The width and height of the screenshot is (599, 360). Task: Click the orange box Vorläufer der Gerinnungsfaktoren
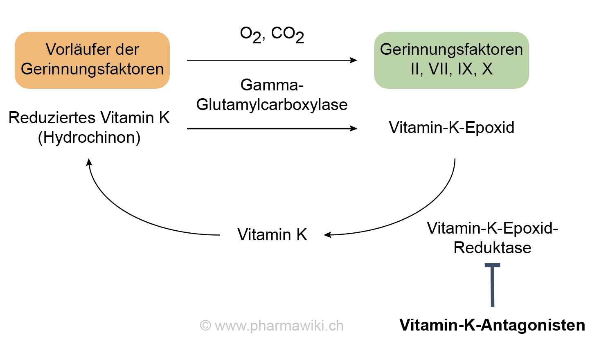(x=92, y=60)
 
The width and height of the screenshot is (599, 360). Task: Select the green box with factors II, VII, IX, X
(x=451, y=60)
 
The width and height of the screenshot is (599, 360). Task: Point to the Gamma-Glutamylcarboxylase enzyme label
(x=272, y=95)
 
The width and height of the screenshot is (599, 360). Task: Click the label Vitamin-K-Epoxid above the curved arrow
(x=451, y=128)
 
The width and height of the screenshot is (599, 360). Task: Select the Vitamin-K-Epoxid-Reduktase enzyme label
(x=492, y=238)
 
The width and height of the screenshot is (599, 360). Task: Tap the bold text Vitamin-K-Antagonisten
(x=492, y=325)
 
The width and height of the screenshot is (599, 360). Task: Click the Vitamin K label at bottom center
(x=272, y=235)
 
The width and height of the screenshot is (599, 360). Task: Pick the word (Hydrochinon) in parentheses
(x=89, y=137)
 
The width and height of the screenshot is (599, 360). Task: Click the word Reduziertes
(x=52, y=118)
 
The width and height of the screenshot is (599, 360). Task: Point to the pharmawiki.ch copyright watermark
(x=272, y=326)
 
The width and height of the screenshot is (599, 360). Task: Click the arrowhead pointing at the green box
(x=354, y=60)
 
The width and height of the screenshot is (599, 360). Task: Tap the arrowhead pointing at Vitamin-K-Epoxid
(x=354, y=128)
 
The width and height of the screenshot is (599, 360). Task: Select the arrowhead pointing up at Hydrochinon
(x=89, y=162)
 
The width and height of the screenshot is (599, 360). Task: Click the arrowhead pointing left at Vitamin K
(x=327, y=235)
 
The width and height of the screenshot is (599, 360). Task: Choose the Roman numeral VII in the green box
(x=440, y=69)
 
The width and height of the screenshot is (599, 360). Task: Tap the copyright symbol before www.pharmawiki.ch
(x=205, y=326)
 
